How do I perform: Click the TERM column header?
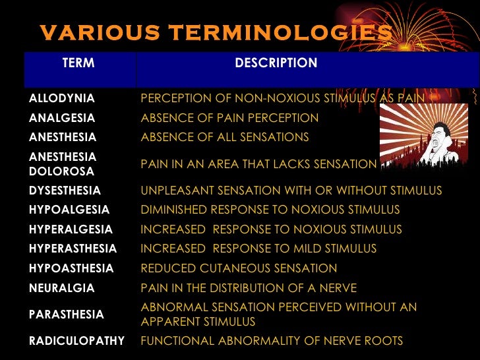coord(78,63)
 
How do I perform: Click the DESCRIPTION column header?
coord(276,63)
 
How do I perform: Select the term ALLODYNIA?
coord(62,98)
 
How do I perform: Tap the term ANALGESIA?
coord(62,118)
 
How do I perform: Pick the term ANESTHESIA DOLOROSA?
coord(63,164)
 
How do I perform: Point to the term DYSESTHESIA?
coord(65,191)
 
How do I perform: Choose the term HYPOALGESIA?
coord(69,210)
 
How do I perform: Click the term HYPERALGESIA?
coord(71,229)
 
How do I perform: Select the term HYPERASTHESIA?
coord(73,249)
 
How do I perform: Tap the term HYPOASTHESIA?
coord(71,268)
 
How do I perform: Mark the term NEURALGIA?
coord(62,288)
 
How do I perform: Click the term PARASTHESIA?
coord(67,315)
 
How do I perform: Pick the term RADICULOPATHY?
coord(76,341)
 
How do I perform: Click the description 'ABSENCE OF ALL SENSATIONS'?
coord(225,137)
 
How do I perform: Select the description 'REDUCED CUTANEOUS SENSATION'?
coord(239,268)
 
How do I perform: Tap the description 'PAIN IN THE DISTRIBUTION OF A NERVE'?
coord(249,288)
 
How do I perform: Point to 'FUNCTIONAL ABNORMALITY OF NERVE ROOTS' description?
coord(272,341)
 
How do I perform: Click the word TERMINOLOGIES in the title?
coord(279,32)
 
